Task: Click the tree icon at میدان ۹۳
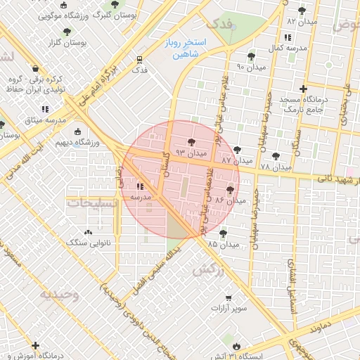(x=192, y=143)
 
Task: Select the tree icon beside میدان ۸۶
(x=230, y=190)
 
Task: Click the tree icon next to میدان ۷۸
(x=275, y=156)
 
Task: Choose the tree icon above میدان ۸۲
(x=302, y=11)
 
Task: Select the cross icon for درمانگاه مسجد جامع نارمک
(x=303, y=89)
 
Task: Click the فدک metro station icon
(x=140, y=60)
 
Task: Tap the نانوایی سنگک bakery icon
(x=88, y=232)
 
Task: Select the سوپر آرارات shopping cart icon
(x=229, y=298)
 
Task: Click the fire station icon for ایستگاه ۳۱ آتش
(x=236, y=345)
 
